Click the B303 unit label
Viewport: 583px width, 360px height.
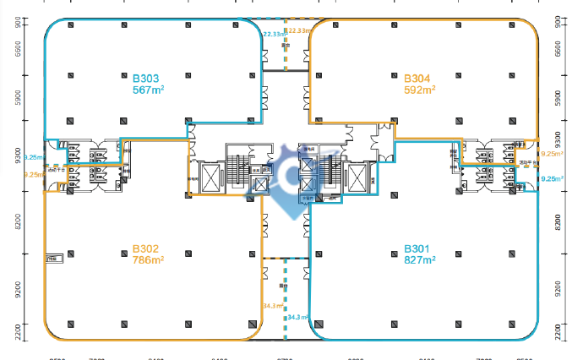click(145, 77)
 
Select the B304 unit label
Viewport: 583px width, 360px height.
click(418, 77)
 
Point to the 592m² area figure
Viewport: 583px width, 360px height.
click(420, 88)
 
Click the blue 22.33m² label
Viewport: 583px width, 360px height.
click(273, 34)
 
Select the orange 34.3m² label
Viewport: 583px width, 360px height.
click(272, 306)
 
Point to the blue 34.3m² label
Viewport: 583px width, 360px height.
click(298, 318)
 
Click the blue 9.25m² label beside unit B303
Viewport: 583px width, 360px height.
click(35, 157)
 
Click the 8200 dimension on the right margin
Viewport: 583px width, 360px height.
click(557, 222)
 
